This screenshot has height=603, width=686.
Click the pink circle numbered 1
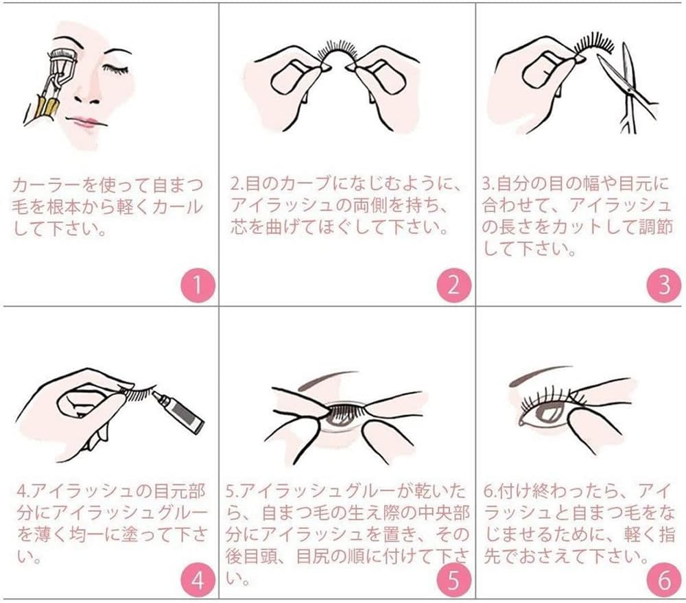[197, 285]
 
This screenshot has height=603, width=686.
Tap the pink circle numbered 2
[454, 285]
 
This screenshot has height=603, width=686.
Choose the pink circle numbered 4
[197, 582]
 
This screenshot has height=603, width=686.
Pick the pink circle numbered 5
[454, 582]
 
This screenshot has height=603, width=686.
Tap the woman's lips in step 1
[86, 123]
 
